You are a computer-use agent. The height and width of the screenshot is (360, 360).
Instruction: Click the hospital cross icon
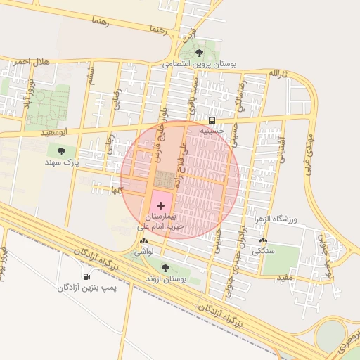click(162, 205)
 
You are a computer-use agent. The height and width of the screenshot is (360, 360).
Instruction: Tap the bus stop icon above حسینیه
click(212, 119)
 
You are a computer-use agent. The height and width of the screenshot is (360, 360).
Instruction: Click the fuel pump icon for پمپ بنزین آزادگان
click(86, 276)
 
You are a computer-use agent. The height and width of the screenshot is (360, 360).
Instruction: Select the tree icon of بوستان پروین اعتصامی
click(199, 53)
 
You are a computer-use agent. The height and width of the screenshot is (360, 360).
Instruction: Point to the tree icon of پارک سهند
click(61, 150)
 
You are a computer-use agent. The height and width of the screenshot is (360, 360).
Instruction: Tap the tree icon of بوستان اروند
click(165, 268)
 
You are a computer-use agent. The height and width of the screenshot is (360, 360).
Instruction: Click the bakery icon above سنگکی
click(263, 240)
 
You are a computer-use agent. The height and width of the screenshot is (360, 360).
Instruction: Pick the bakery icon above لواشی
click(144, 240)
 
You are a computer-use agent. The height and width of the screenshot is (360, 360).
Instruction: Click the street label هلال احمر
click(32, 63)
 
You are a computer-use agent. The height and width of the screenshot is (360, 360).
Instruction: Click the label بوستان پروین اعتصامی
click(200, 64)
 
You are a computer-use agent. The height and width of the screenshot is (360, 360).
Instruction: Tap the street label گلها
click(112, 190)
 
